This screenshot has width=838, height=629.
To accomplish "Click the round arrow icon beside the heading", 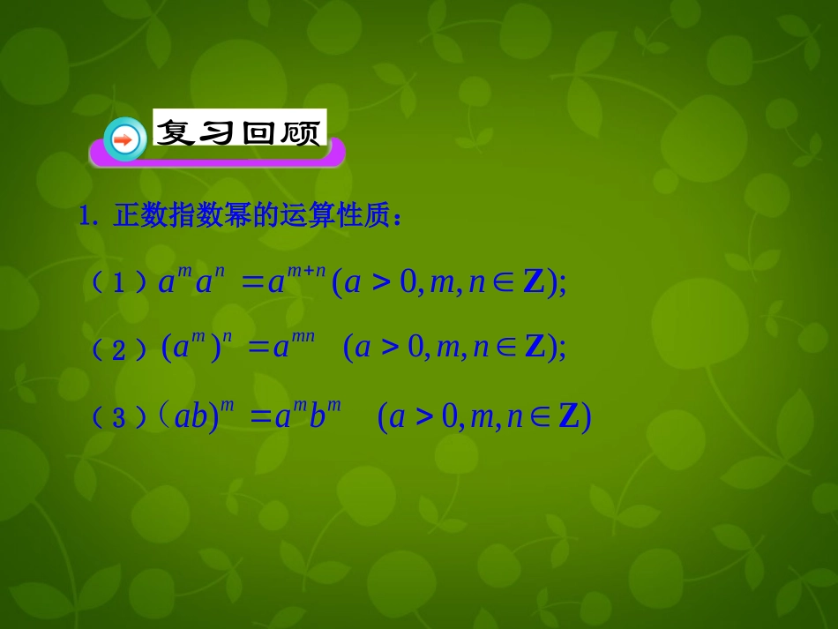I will coord(124,139).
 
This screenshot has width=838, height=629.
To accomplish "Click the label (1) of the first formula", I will coord(120,282).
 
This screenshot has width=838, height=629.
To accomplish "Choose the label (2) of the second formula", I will coord(120,349).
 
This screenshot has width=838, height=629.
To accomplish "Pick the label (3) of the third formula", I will coord(120,417).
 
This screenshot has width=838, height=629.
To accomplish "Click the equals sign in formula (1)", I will coord(253,282).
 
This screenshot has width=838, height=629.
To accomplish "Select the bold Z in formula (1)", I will coord(534,282).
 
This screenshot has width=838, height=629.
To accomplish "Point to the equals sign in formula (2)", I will coord(258,348).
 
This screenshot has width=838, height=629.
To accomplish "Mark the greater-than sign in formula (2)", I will coord(391,348).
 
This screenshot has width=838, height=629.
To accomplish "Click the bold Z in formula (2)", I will coord(535,348).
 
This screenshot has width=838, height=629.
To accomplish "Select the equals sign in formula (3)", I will coord(261,416).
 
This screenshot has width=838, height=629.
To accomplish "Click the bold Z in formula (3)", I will coord(569,416).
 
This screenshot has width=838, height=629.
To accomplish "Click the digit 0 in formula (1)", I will coord(407,283).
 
